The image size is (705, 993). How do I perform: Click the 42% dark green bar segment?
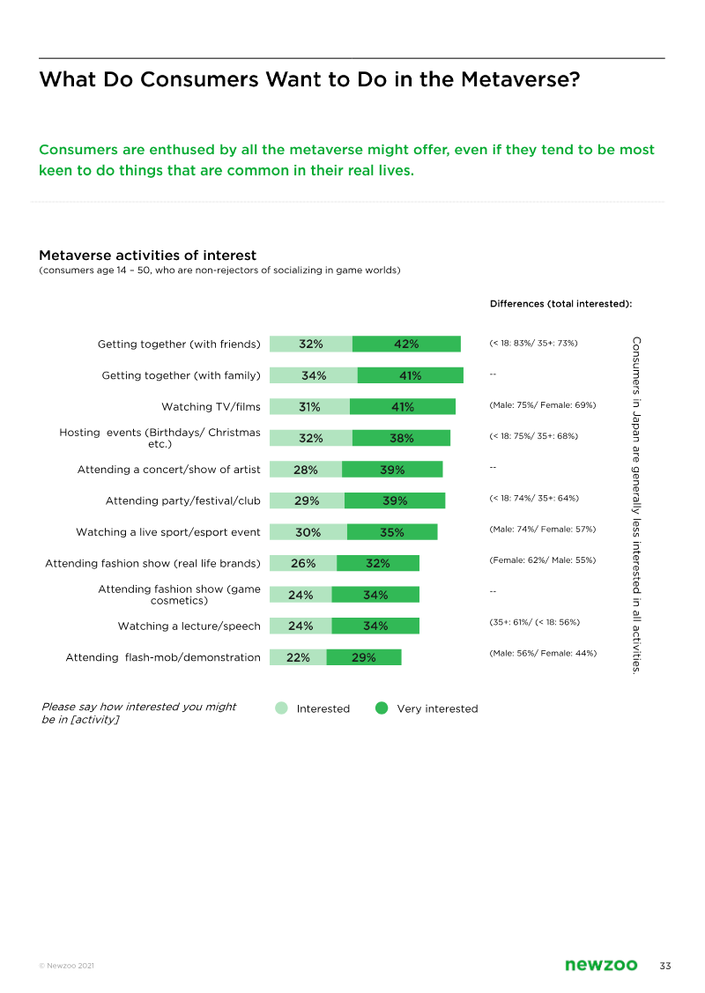click(x=406, y=345)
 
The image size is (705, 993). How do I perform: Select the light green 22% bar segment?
click(x=298, y=657)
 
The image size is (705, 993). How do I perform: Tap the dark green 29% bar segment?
click(x=364, y=657)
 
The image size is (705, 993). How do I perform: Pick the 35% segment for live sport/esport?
click(x=392, y=532)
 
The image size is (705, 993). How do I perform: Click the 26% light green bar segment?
click(x=303, y=563)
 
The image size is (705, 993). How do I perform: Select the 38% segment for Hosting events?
click(x=401, y=438)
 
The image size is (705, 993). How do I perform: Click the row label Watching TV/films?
click(x=211, y=407)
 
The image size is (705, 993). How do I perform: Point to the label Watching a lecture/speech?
click(x=189, y=626)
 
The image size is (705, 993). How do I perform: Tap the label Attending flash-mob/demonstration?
click(x=163, y=657)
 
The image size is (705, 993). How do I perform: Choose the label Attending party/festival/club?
click(x=182, y=501)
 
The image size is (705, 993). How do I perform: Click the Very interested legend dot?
click(x=382, y=708)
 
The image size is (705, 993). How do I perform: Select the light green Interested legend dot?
click(x=281, y=708)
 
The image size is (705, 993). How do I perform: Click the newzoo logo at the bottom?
click(x=601, y=966)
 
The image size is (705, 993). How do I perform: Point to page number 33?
click(x=665, y=966)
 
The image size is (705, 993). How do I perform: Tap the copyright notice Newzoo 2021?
click(x=66, y=967)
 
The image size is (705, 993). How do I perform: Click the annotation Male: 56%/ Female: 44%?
click(x=542, y=653)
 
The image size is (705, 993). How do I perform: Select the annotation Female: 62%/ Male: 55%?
click(x=542, y=559)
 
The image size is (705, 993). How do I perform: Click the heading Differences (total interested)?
click(x=561, y=304)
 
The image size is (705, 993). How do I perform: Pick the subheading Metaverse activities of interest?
click(x=147, y=256)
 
